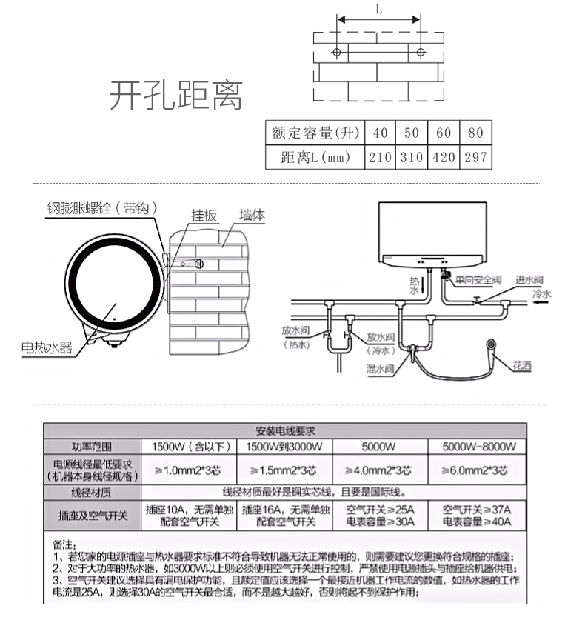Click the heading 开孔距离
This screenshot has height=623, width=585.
[x=175, y=96]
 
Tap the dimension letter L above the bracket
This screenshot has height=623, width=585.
[x=378, y=10]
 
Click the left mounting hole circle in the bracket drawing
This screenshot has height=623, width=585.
[x=337, y=53]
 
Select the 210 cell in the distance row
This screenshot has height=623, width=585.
[x=380, y=157]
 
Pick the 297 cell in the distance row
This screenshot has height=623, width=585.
[x=475, y=157]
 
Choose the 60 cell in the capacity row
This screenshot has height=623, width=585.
[x=444, y=133]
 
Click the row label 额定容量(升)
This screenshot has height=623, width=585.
[x=315, y=133]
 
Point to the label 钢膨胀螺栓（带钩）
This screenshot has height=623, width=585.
[x=99, y=208]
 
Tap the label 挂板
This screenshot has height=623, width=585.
[x=204, y=216]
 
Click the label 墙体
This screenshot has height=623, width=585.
[x=252, y=216]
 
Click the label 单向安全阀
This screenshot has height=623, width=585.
[x=478, y=280]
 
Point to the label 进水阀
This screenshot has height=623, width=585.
[x=530, y=279]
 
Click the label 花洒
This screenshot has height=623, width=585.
[x=523, y=365]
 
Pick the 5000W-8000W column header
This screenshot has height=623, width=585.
[x=478, y=447]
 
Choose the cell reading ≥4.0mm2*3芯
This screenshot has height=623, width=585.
[x=378, y=470]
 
